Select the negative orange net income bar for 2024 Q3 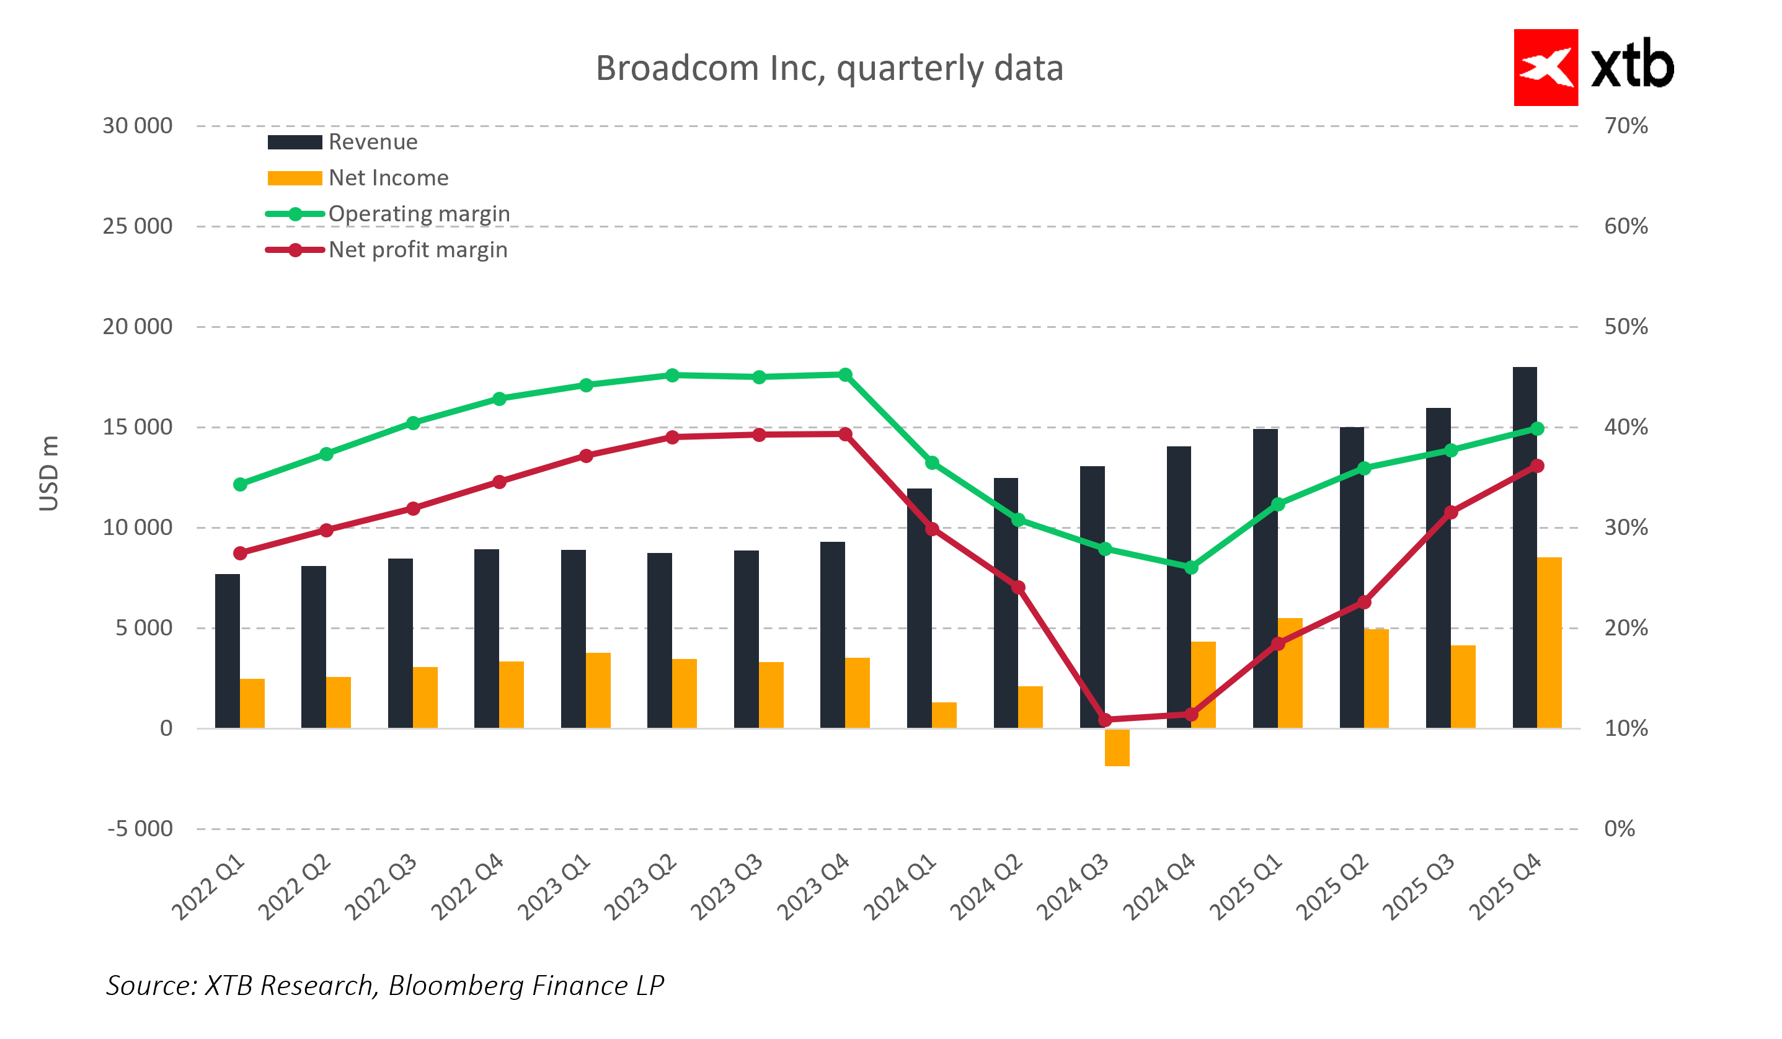(x=1117, y=747)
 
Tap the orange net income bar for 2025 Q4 (x=1549, y=643)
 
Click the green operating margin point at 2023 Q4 (x=845, y=374)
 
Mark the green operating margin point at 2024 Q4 (x=1191, y=568)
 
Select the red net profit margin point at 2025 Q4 (x=1536, y=466)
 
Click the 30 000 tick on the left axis (x=137, y=126)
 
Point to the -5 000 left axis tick (x=140, y=828)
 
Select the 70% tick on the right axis (x=1626, y=126)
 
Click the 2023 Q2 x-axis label (x=641, y=887)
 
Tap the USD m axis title (x=49, y=474)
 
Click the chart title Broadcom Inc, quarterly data (x=829, y=69)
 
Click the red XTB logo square (x=1545, y=68)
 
